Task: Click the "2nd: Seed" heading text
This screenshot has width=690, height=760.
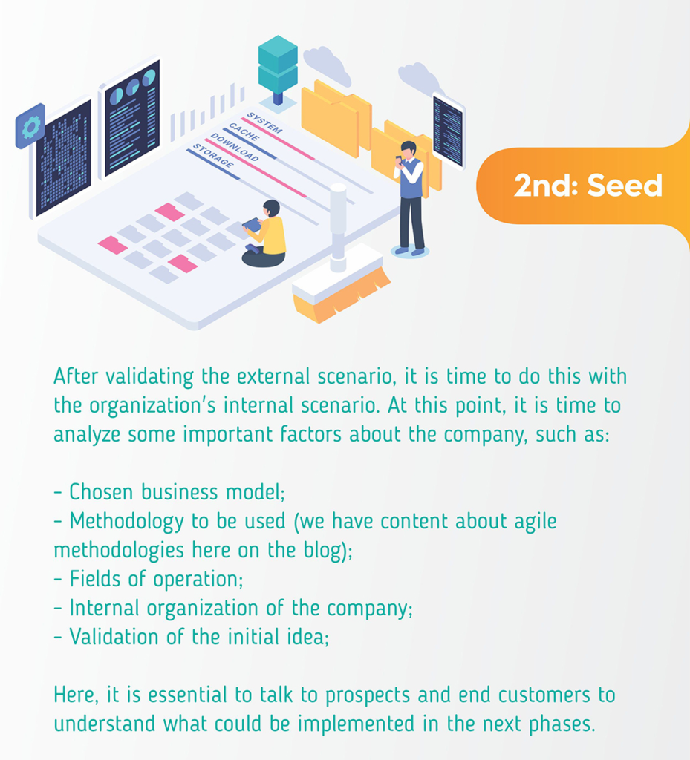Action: [x=588, y=185]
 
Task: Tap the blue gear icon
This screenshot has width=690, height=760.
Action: [x=30, y=127]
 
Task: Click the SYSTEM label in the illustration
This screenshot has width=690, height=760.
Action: [x=264, y=122]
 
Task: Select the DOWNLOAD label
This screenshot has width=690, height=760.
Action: [x=235, y=148]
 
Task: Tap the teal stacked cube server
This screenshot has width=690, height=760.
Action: [x=278, y=64]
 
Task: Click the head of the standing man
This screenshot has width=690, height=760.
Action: [x=409, y=148]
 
